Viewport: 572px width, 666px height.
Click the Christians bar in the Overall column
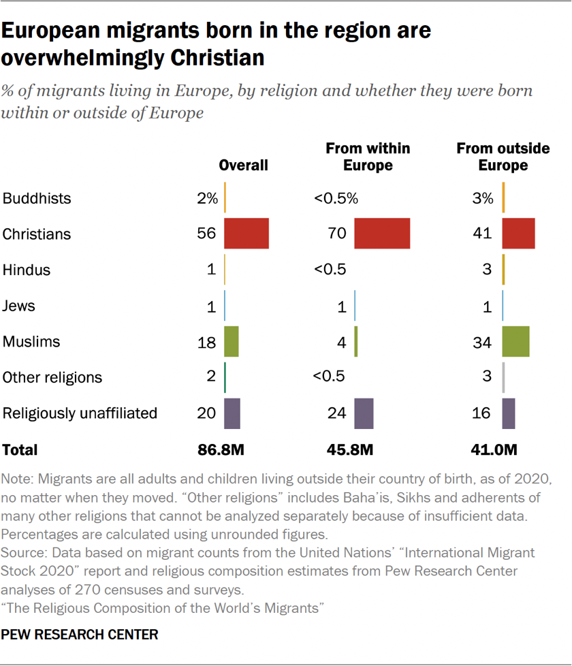247,234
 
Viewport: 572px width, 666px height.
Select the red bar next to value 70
382,234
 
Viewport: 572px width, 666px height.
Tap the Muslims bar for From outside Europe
515,341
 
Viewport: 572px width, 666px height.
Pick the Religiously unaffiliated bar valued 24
364,413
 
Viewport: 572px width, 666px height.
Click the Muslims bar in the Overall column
232,341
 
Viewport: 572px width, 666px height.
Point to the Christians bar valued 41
519,234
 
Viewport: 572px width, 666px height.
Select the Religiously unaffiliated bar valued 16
509,413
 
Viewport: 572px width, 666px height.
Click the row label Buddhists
37,198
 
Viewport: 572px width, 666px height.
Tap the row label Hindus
27,270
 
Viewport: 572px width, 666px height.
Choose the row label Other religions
52,377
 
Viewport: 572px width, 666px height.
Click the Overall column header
243,165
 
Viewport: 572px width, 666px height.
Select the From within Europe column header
368,157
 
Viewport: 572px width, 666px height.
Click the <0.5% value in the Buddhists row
336,198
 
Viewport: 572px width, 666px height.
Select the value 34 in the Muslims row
482,342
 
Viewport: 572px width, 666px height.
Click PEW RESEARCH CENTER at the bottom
80,635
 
